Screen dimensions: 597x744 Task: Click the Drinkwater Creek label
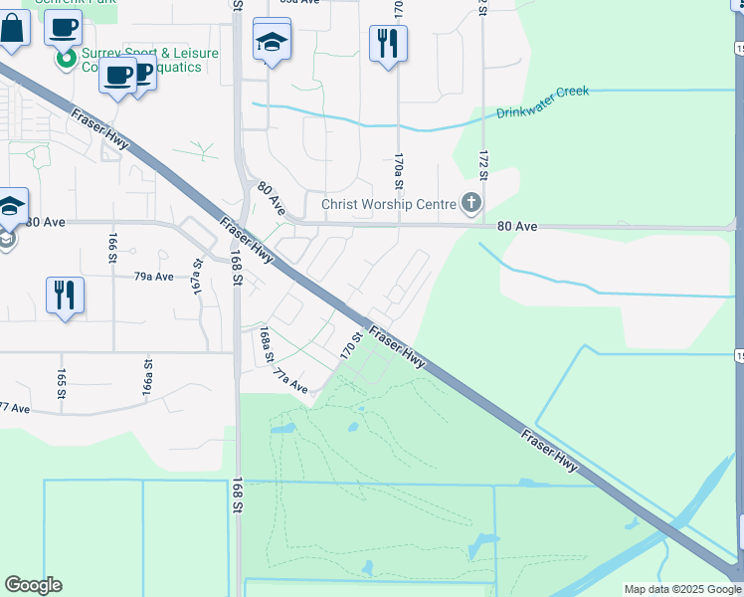(542, 100)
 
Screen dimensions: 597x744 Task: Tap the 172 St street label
(483, 164)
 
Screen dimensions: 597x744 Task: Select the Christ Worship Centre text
(387, 205)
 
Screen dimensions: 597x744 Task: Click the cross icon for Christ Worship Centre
(471, 205)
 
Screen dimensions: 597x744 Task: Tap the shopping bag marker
(12, 30)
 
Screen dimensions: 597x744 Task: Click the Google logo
(33, 585)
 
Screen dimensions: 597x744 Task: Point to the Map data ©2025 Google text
(683, 589)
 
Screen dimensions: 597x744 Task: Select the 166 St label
(112, 246)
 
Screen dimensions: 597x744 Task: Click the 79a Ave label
(154, 277)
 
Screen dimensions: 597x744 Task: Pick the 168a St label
(266, 343)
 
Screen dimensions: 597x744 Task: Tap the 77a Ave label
(290, 381)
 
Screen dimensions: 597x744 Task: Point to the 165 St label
(62, 381)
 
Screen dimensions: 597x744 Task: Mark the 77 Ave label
(15, 407)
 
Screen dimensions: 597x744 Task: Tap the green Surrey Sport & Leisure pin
(66, 59)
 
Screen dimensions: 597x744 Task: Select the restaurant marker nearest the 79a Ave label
(65, 296)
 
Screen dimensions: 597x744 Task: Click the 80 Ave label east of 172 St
(517, 227)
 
